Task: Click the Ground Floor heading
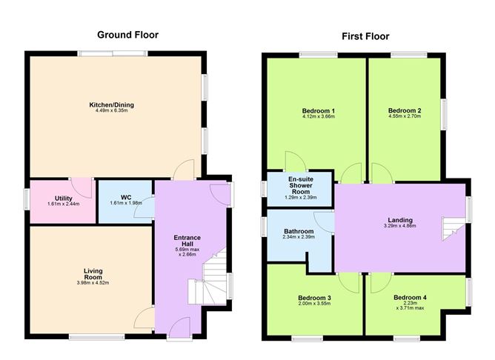click(128, 35)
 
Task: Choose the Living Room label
click(93, 274)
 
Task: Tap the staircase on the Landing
click(451, 225)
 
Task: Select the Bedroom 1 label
click(319, 111)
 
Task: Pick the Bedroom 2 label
click(405, 111)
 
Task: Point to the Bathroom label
click(299, 231)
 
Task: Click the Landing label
click(400, 219)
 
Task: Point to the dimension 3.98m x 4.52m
click(93, 283)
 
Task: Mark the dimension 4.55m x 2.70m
click(405, 117)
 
